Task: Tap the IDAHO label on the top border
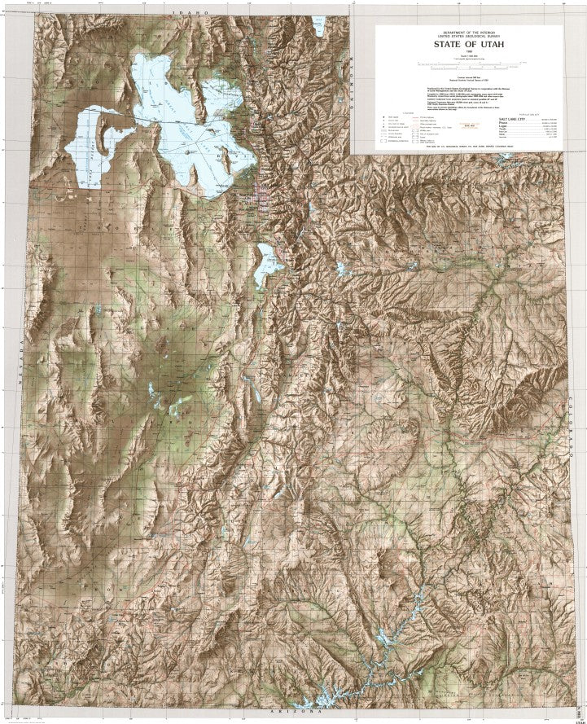click(x=195, y=14)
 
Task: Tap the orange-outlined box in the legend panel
click(x=467, y=125)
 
